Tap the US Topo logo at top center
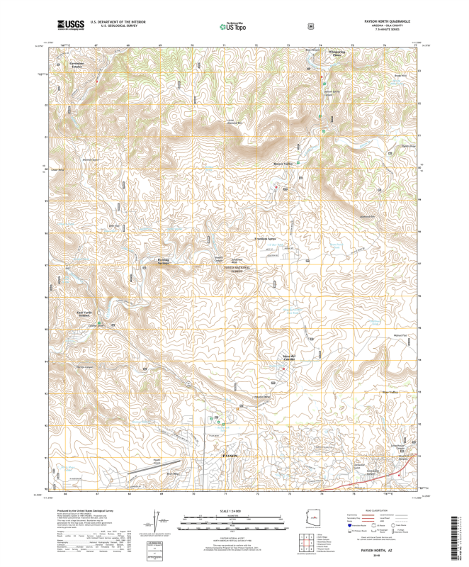point(233,26)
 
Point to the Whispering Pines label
point(336,53)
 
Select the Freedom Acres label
point(266,239)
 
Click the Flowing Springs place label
point(168,262)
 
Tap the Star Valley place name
point(390,392)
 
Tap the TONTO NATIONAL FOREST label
point(237,269)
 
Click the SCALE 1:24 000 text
point(234,511)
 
